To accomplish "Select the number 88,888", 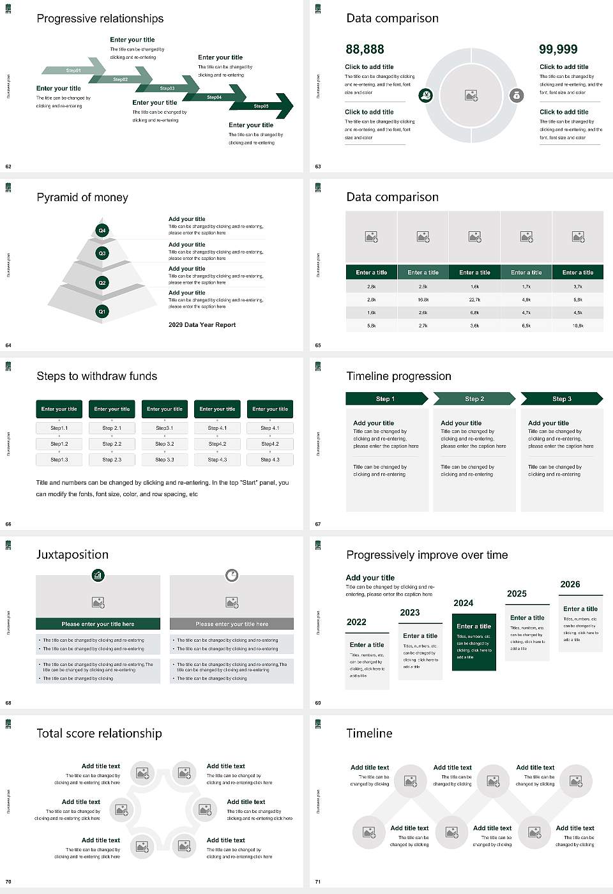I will point(365,49).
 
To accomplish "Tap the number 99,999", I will point(558,49).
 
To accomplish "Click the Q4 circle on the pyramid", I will point(102,231).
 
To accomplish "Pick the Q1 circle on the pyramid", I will point(102,312).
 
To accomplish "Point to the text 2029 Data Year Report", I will point(202,325).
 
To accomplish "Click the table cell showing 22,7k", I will point(474,299).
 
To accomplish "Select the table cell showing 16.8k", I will point(423,299).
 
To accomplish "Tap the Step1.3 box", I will point(59,460).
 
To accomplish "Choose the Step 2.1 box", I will point(112,428).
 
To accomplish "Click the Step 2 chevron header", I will point(474,399).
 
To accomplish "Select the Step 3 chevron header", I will point(561,399).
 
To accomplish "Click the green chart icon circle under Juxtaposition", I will point(98,575).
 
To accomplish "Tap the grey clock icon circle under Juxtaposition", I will point(232,575).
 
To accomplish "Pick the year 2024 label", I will point(464,603).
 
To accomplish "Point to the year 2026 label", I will point(570,584).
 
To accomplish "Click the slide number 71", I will point(318,882).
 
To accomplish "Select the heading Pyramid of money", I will point(82,197).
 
